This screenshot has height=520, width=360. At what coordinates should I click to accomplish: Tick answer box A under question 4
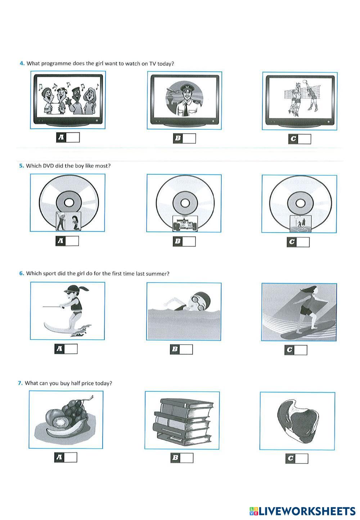click(x=73, y=138)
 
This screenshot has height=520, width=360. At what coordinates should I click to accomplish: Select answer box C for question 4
click(x=304, y=139)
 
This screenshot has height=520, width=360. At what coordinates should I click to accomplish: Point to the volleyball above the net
click(x=304, y=82)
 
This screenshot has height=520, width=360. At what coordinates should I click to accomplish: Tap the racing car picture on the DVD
click(x=185, y=223)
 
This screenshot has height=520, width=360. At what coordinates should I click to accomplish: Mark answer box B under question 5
click(x=189, y=241)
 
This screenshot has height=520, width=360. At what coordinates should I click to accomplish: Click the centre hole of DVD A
click(x=69, y=203)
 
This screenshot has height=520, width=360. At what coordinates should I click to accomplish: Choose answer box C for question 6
click(x=300, y=350)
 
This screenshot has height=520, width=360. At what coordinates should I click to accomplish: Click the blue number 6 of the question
click(x=21, y=273)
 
